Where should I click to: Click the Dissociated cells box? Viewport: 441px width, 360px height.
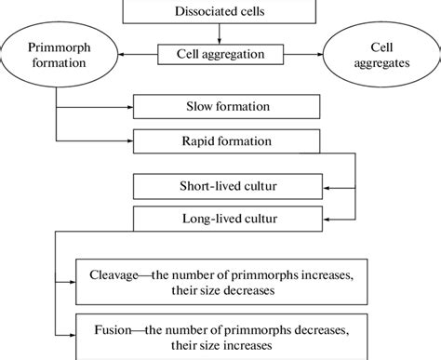pyautogui.click(x=219, y=12)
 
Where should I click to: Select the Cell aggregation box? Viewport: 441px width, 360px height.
pyautogui.click(x=219, y=55)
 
